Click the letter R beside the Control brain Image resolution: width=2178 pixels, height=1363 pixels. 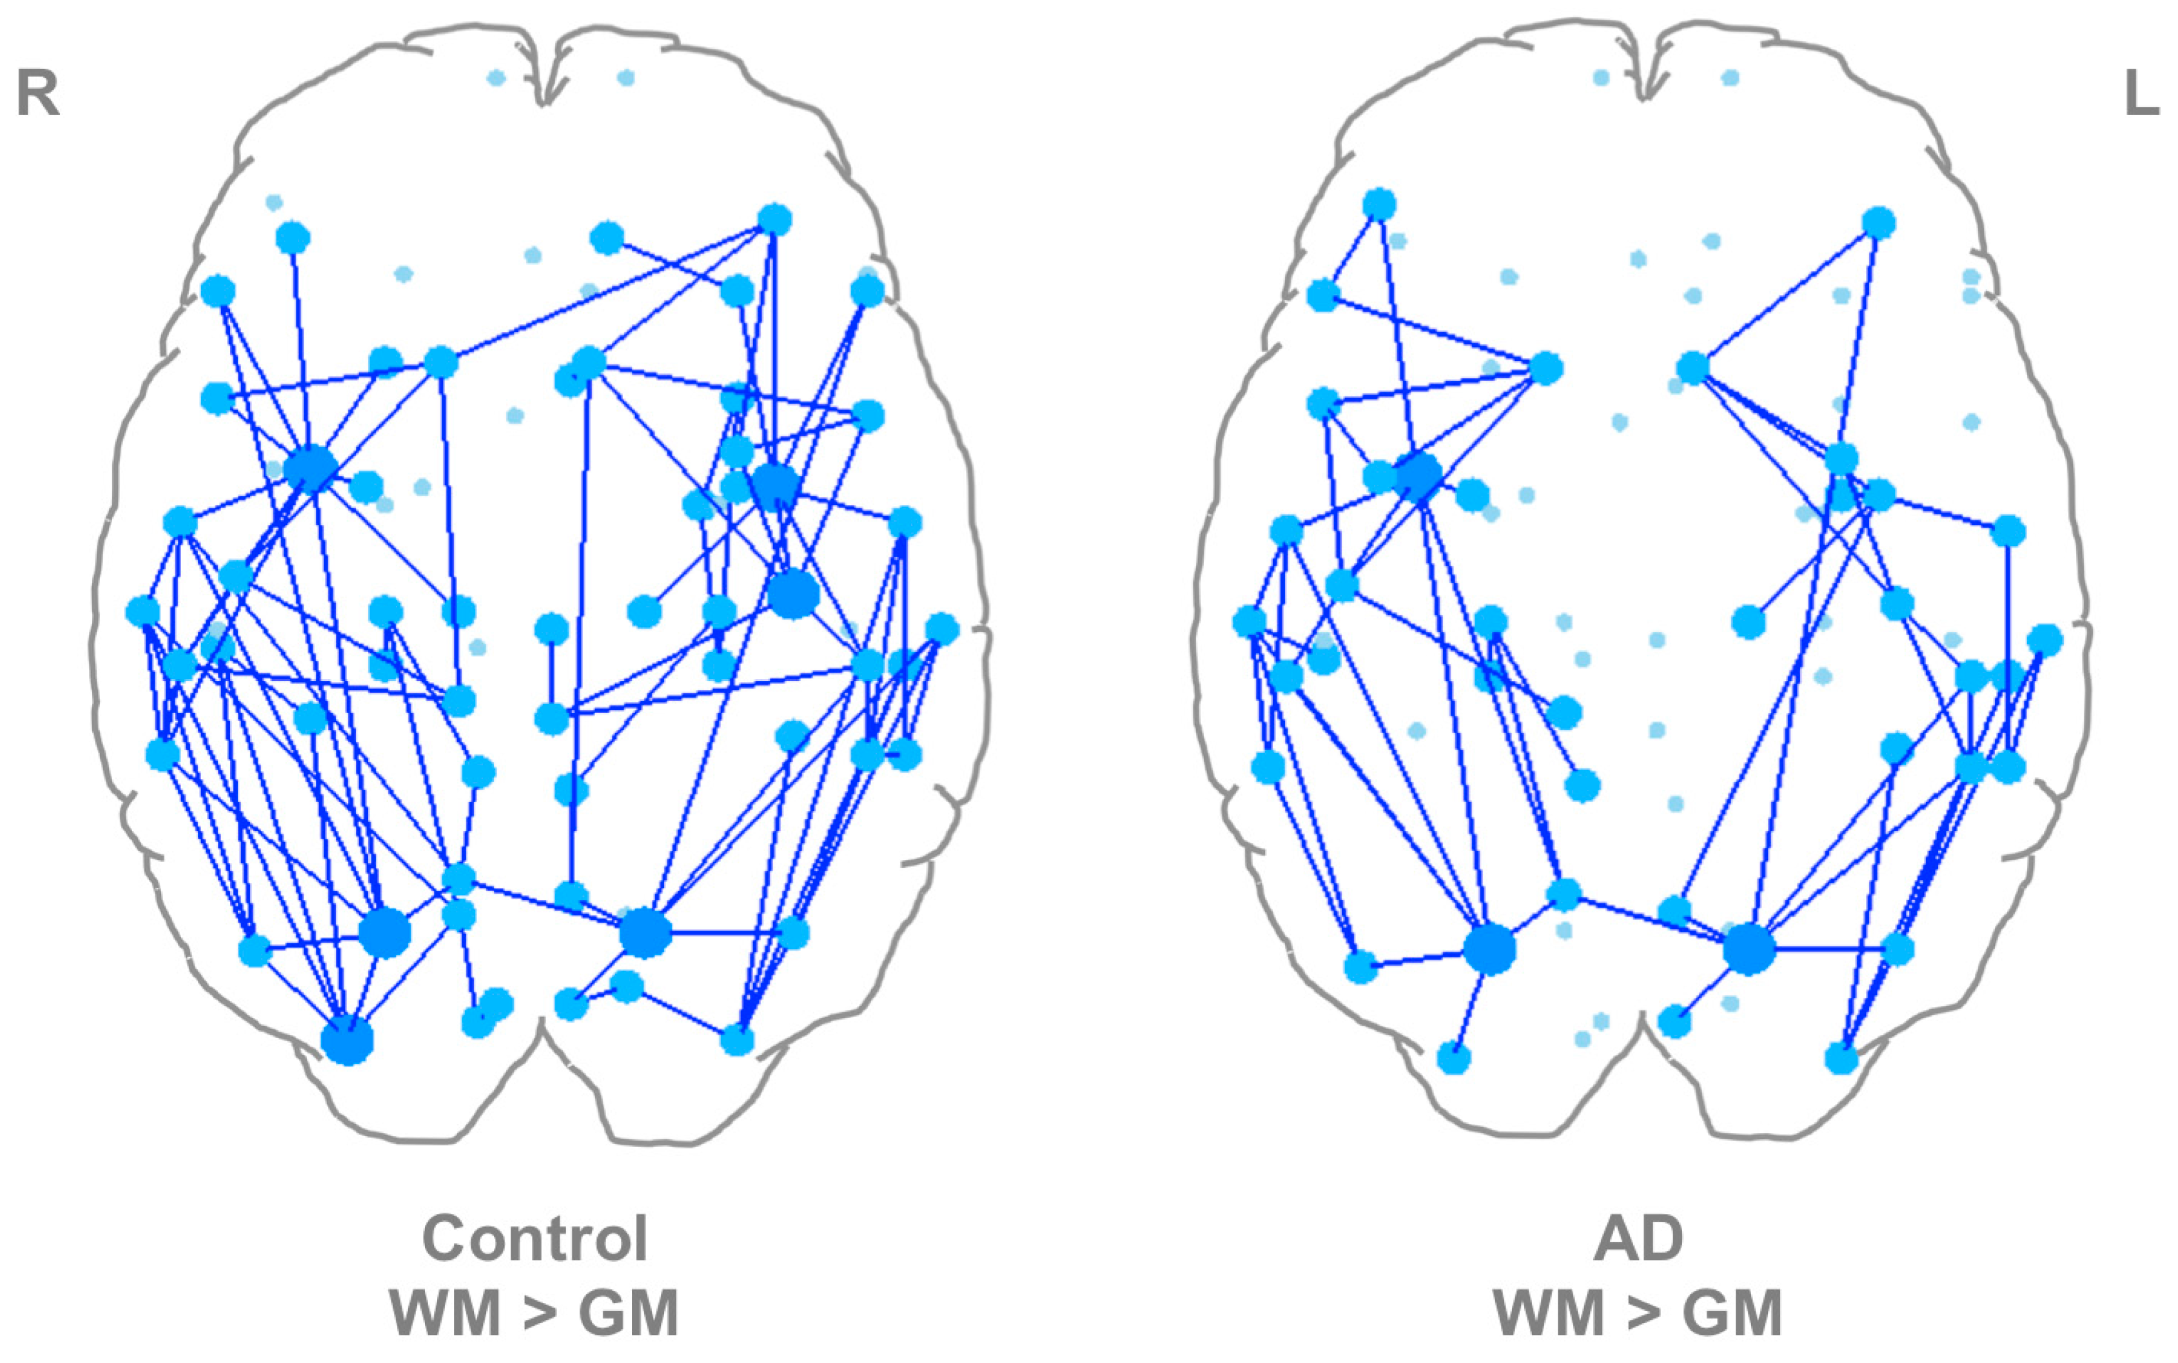coord(38,93)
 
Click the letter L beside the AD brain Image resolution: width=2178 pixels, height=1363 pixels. coord(2142,93)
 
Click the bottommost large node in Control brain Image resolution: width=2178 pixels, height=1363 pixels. coord(347,1041)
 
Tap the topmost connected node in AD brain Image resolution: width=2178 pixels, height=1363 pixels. coord(1379,204)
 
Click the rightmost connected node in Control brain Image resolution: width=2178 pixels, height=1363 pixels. coord(941,629)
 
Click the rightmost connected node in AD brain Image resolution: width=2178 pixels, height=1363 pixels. coord(2045,640)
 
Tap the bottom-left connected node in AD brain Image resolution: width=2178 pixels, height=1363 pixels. coord(1453,1057)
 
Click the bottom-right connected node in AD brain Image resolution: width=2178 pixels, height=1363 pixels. coord(1841,1058)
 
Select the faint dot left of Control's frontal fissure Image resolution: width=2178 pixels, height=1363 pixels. coord(495,79)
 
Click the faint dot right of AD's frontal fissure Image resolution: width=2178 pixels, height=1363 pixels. coord(1729,79)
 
